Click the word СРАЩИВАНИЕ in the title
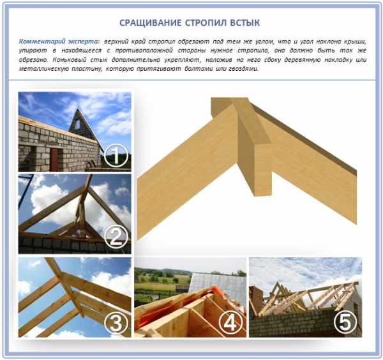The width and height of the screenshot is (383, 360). point(151,23)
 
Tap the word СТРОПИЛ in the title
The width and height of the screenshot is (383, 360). point(206,23)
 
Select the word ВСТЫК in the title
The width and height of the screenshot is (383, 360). point(245,23)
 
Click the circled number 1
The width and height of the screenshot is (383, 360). point(116,156)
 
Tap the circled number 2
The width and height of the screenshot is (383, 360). point(116,237)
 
